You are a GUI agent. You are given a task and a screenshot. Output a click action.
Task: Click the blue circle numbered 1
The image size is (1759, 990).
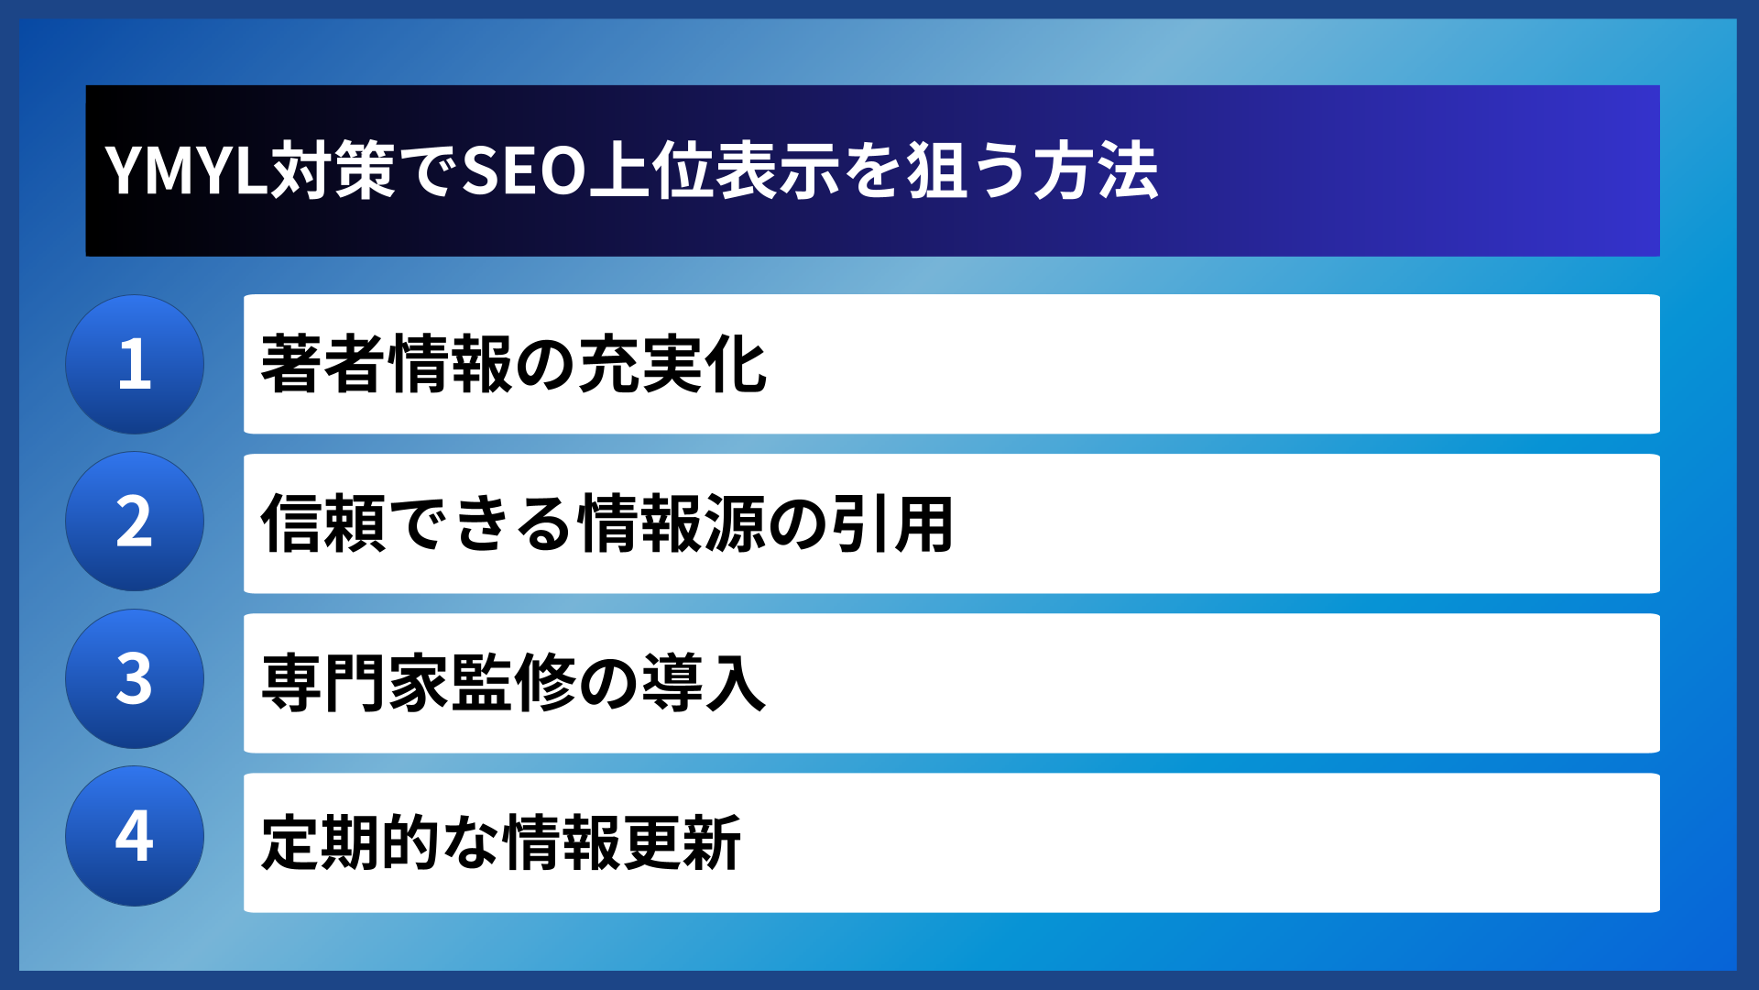[x=135, y=364]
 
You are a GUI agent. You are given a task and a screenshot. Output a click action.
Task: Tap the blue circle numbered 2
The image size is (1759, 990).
[x=135, y=522]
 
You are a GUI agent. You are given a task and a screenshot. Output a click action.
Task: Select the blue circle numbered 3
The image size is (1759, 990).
[x=135, y=679]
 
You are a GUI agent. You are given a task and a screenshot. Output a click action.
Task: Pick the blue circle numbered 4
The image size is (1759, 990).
[x=135, y=836]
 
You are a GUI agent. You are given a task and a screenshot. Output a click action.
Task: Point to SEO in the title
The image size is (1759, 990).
[x=523, y=171]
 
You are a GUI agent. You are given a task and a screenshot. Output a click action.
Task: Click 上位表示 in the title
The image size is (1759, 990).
[x=714, y=171]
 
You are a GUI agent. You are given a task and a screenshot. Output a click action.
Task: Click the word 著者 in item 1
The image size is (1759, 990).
[x=322, y=364]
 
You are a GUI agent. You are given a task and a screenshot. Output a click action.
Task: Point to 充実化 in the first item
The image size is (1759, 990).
[x=674, y=364]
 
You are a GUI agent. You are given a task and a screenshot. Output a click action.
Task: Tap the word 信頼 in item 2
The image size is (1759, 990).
[x=322, y=523]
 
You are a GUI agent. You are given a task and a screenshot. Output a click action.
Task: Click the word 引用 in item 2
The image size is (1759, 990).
[x=892, y=523]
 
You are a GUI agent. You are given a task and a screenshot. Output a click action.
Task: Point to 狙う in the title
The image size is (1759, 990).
[x=967, y=171]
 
